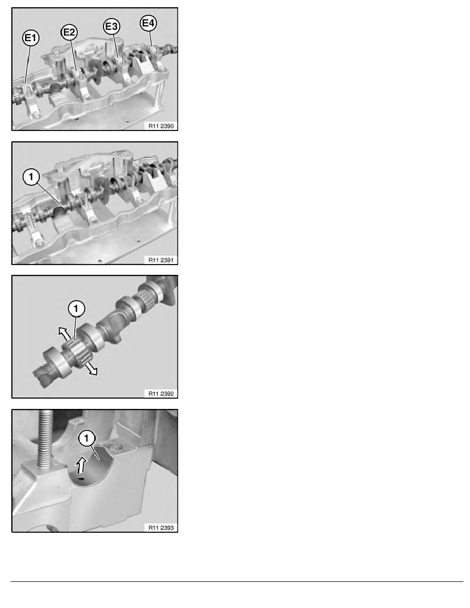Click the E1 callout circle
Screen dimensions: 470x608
[x=31, y=38]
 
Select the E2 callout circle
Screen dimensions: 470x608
[x=69, y=32]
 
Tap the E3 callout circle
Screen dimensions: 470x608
[x=112, y=27]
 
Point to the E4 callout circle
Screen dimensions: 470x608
[x=148, y=23]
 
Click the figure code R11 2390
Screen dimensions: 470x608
[x=161, y=126]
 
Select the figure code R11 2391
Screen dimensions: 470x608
[x=161, y=260]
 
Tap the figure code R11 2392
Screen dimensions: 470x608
[x=161, y=394]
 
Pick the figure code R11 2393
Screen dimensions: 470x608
[x=161, y=527]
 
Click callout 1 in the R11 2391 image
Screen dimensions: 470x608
[x=31, y=177]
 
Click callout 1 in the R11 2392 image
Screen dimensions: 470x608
[x=76, y=309]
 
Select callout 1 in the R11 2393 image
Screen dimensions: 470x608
[x=87, y=439]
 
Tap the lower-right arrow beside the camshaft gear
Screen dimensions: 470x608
[x=92, y=368]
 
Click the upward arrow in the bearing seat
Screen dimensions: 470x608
[x=81, y=464]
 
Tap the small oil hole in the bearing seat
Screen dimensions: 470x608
[x=81, y=479]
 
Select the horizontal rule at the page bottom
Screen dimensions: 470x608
[x=237, y=581]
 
